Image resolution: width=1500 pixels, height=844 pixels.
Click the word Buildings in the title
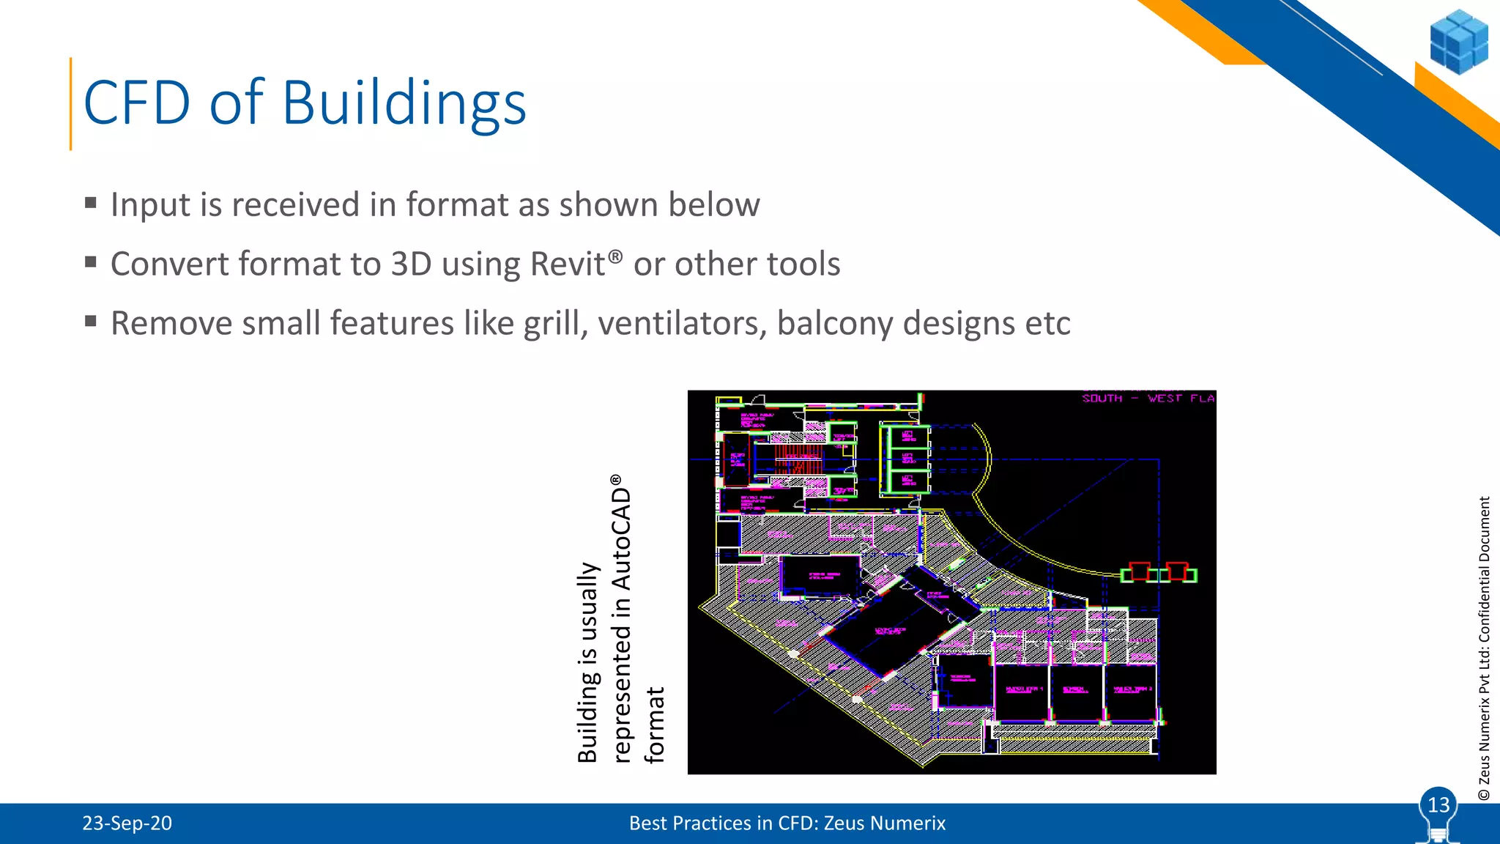404,103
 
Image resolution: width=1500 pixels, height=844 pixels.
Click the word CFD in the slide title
137,103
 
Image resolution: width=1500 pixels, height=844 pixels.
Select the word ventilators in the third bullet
682,323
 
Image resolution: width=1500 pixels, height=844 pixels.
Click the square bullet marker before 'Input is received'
91,203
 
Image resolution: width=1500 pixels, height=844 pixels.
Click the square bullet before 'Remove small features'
91,321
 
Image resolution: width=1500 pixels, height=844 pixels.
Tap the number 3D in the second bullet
412,264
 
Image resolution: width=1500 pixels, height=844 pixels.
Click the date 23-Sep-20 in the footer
127,823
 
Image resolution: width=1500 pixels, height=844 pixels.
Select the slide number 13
1438,805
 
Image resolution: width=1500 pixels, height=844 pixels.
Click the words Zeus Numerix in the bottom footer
884,823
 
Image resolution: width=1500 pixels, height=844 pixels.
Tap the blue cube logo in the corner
1458,42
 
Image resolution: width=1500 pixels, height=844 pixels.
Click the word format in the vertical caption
654,725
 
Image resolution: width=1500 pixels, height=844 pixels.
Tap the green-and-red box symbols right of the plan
1159,573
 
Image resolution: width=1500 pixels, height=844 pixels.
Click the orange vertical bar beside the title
71,104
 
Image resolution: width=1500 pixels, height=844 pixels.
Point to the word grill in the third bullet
555,323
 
